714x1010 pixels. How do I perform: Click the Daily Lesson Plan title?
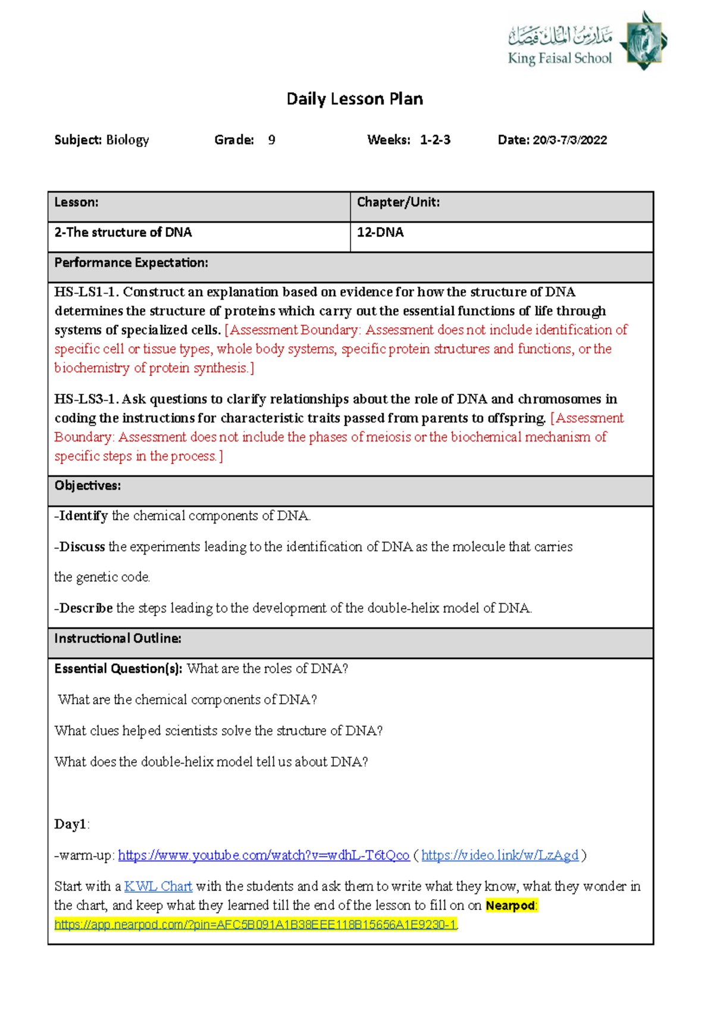[355, 99]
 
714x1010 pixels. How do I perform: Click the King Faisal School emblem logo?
[643, 41]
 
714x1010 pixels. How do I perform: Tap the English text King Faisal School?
[559, 58]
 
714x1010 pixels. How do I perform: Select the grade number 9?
[271, 140]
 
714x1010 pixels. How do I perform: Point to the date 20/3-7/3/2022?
[569, 140]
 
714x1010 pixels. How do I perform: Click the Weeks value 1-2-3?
[435, 140]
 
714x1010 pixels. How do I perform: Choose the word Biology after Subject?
[127, 140]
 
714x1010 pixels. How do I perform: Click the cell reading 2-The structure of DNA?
[123, 233]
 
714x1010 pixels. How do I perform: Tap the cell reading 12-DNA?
[380, 233]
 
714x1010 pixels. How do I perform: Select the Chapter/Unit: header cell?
[398, 202]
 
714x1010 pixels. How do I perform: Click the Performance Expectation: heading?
[131, 263]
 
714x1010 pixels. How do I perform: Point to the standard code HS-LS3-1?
[86, 399]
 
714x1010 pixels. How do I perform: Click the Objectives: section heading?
[87, 486]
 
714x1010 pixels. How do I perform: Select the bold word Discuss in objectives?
[82, 547]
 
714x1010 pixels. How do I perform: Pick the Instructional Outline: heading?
[117, 639]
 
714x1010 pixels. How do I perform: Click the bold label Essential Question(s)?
[118, 669]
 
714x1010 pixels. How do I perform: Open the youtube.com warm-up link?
[264, 855]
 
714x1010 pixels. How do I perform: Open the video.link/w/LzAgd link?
[499, 855]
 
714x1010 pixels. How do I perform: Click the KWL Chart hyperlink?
[158, 886]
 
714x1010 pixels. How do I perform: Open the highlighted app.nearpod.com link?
[255, 924]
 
